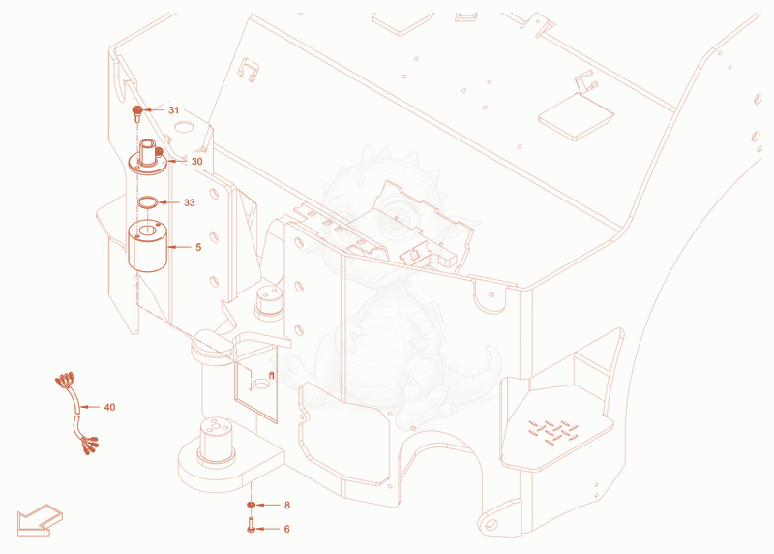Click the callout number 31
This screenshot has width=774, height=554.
tap(173, 110)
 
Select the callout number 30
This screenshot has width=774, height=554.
tap(197, 161)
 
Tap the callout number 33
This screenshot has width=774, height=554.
tap(189, 202)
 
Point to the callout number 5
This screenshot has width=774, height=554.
tap(198, 247)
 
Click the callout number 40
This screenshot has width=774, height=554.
tap(109, 407)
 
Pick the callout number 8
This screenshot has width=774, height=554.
tap(287, 505)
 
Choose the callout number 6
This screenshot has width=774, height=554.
tap(286, 529)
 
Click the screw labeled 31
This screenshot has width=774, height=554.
tap(136, 113)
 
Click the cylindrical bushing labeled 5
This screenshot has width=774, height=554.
tap(148, 246)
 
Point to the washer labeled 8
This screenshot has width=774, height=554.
tap(252, 505)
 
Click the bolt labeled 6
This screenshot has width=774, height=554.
tap(251, 524)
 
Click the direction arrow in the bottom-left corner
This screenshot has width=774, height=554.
tap(39, 521)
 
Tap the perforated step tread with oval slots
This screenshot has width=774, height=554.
tap(552, 431)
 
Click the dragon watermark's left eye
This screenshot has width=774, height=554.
tap(345, 220)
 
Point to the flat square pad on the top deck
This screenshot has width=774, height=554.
tap(576, 117)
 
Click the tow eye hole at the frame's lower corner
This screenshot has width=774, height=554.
tap(491, 525)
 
